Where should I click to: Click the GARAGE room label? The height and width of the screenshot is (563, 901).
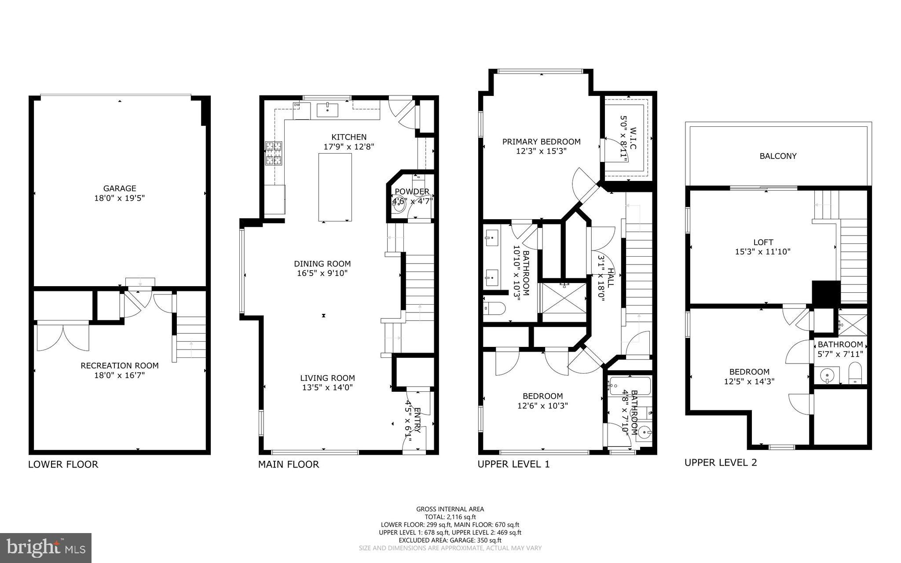click(119, 188)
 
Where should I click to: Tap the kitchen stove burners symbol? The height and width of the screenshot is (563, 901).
click(273, 153)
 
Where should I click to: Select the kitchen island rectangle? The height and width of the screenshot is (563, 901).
click(335, 187)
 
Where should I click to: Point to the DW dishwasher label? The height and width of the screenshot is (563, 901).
click(297, 105)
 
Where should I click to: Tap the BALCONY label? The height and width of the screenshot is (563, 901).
click(778, 156)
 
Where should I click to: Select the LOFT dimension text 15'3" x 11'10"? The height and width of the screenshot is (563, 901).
click(763, 252)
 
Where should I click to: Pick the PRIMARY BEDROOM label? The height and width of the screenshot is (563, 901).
click(541, 142)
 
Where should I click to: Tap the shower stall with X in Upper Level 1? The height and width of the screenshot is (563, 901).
click(564, 298)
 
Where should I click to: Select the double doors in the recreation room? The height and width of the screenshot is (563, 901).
click(63, 337)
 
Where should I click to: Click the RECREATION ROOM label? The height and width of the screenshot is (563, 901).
click(119, 365)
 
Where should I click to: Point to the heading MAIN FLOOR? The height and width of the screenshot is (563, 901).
click(288, 464)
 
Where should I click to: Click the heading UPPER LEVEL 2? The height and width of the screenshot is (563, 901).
click(721, 463)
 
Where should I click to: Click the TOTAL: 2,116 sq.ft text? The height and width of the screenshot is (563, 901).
click(450, 517)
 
